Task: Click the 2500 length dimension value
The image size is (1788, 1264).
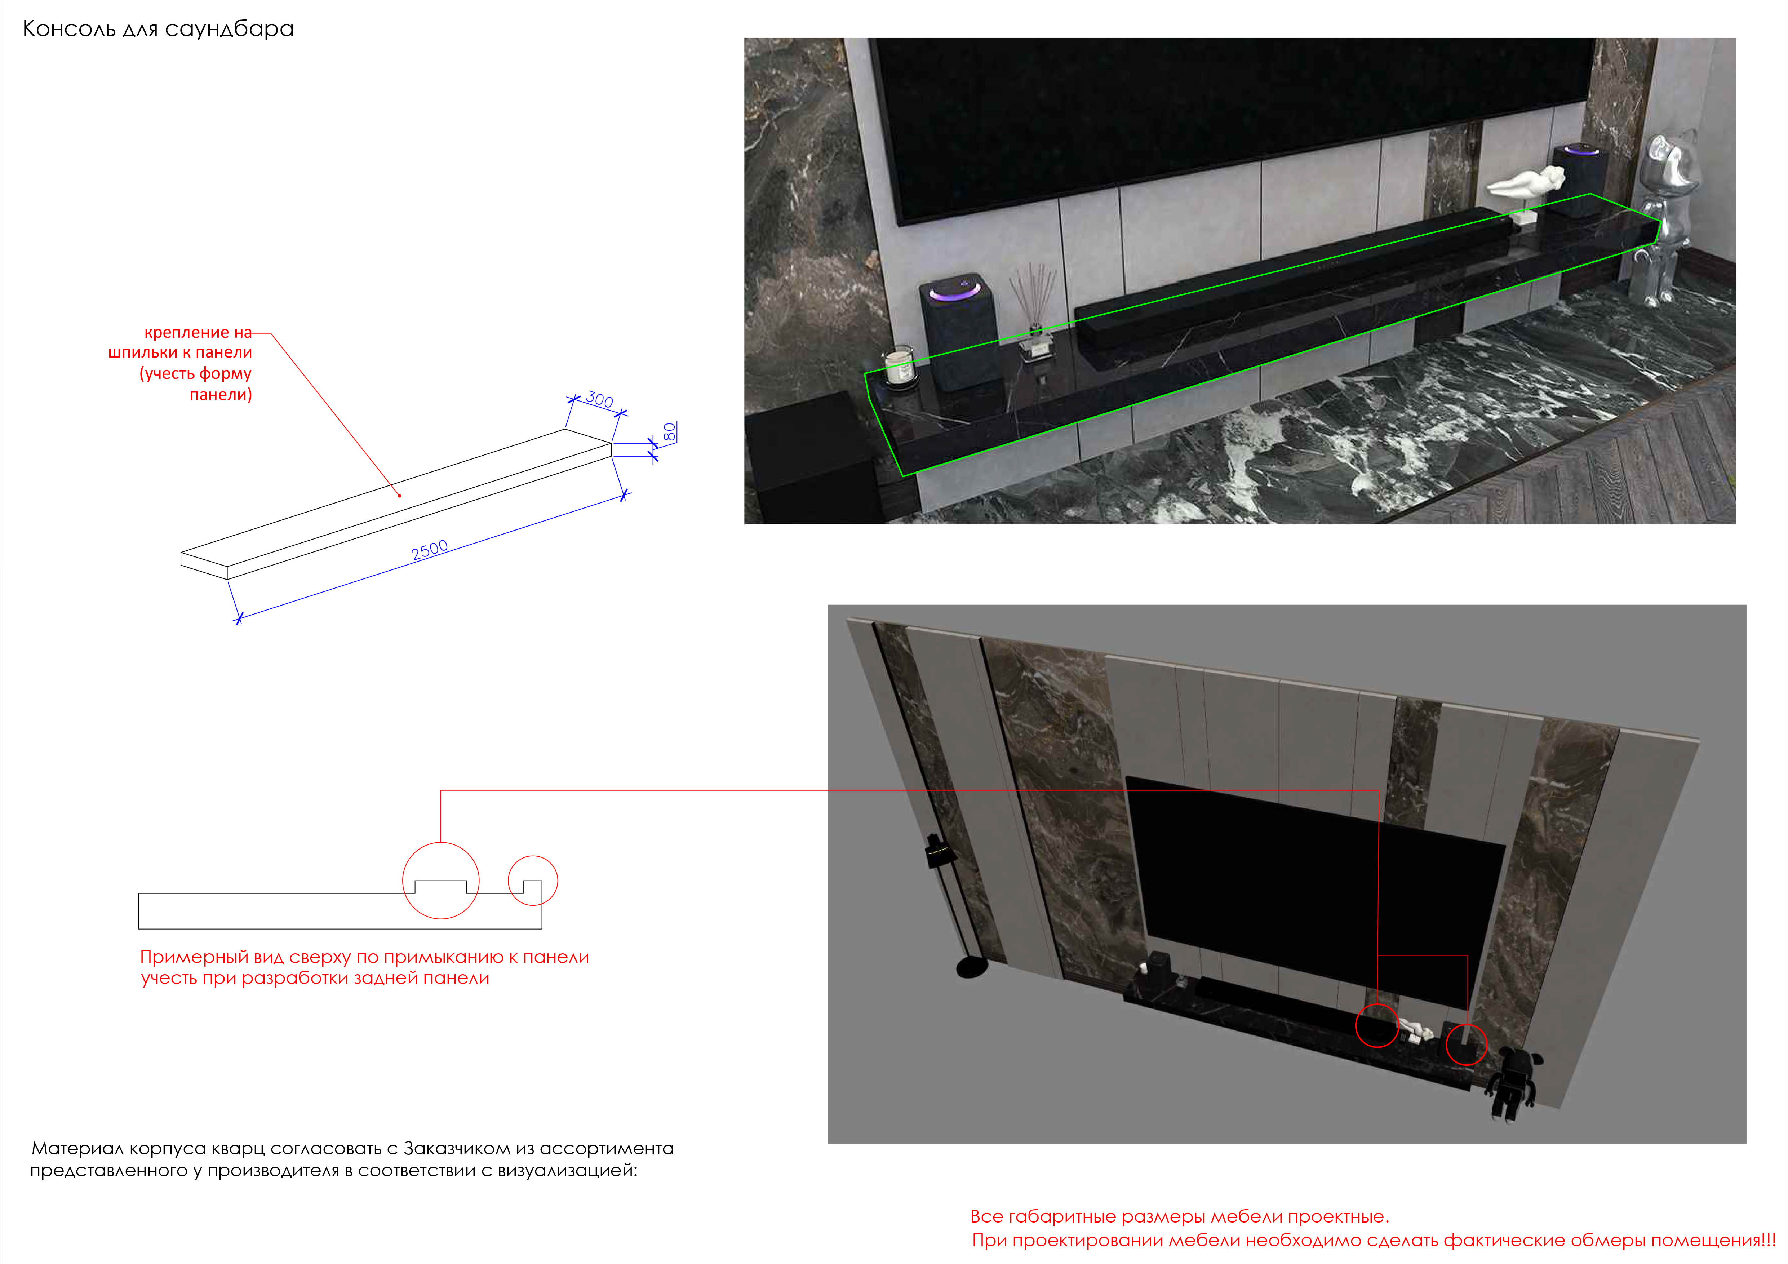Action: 430,550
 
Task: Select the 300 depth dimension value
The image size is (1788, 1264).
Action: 600,399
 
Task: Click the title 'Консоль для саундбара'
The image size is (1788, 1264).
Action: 158,29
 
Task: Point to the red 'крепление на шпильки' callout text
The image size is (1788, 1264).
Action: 181,363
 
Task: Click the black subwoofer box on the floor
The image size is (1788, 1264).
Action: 810,460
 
